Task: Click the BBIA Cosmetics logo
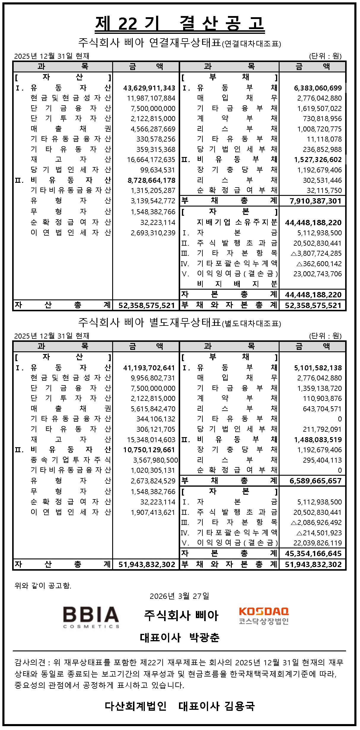point(91,617)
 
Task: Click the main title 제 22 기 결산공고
point(180,23)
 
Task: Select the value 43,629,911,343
point(149,88)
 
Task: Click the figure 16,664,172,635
point(151,160)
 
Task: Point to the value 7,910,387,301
point(315,201)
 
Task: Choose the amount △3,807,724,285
point(316,253)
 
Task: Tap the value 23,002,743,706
point(318,274)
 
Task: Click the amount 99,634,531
point(158,170)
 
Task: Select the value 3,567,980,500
point(155,460)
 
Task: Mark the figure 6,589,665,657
point(315,481)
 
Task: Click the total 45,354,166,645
point(313,554)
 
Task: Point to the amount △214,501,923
point(319,533)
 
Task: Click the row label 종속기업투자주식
point(70,460)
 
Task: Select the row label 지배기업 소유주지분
point(237,222)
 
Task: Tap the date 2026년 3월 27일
point(179,596)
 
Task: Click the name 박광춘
point(204,637)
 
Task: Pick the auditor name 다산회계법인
point(136,706)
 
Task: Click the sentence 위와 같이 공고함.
point(43,585)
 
